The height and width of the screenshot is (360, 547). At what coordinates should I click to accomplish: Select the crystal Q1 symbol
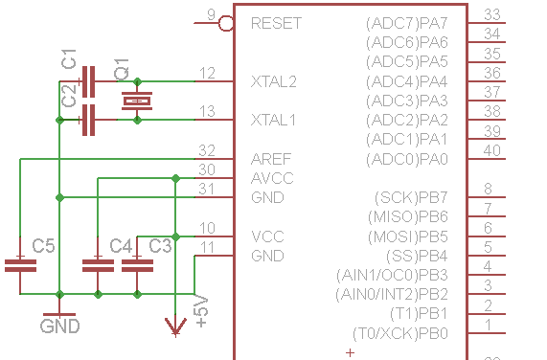pos(137,101)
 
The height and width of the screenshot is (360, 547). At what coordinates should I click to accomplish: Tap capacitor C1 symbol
pos(90,81)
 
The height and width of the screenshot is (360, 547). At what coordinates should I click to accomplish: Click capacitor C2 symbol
pos(90,120)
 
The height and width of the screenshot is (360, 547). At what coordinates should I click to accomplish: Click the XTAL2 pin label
pos(273,81)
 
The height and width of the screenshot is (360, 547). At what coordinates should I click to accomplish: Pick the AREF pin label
pos(271,159)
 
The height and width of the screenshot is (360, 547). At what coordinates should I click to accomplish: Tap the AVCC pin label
pos(272,178)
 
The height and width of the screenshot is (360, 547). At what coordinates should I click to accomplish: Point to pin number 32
pos(206,151)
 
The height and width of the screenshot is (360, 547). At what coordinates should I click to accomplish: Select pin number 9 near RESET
pos(211,14)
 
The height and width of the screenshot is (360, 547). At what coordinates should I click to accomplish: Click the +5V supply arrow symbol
pos(175,328)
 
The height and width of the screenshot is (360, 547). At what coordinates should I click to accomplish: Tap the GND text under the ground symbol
pos(59,326)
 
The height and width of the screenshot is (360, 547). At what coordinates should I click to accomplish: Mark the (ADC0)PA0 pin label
pos(407,159)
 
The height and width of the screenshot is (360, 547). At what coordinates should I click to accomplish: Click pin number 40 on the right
pos(492,150)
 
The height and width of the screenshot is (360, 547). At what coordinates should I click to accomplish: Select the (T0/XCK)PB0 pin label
pos(400,333)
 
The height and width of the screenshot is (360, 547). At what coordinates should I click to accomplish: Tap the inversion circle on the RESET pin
pos(227,23)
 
